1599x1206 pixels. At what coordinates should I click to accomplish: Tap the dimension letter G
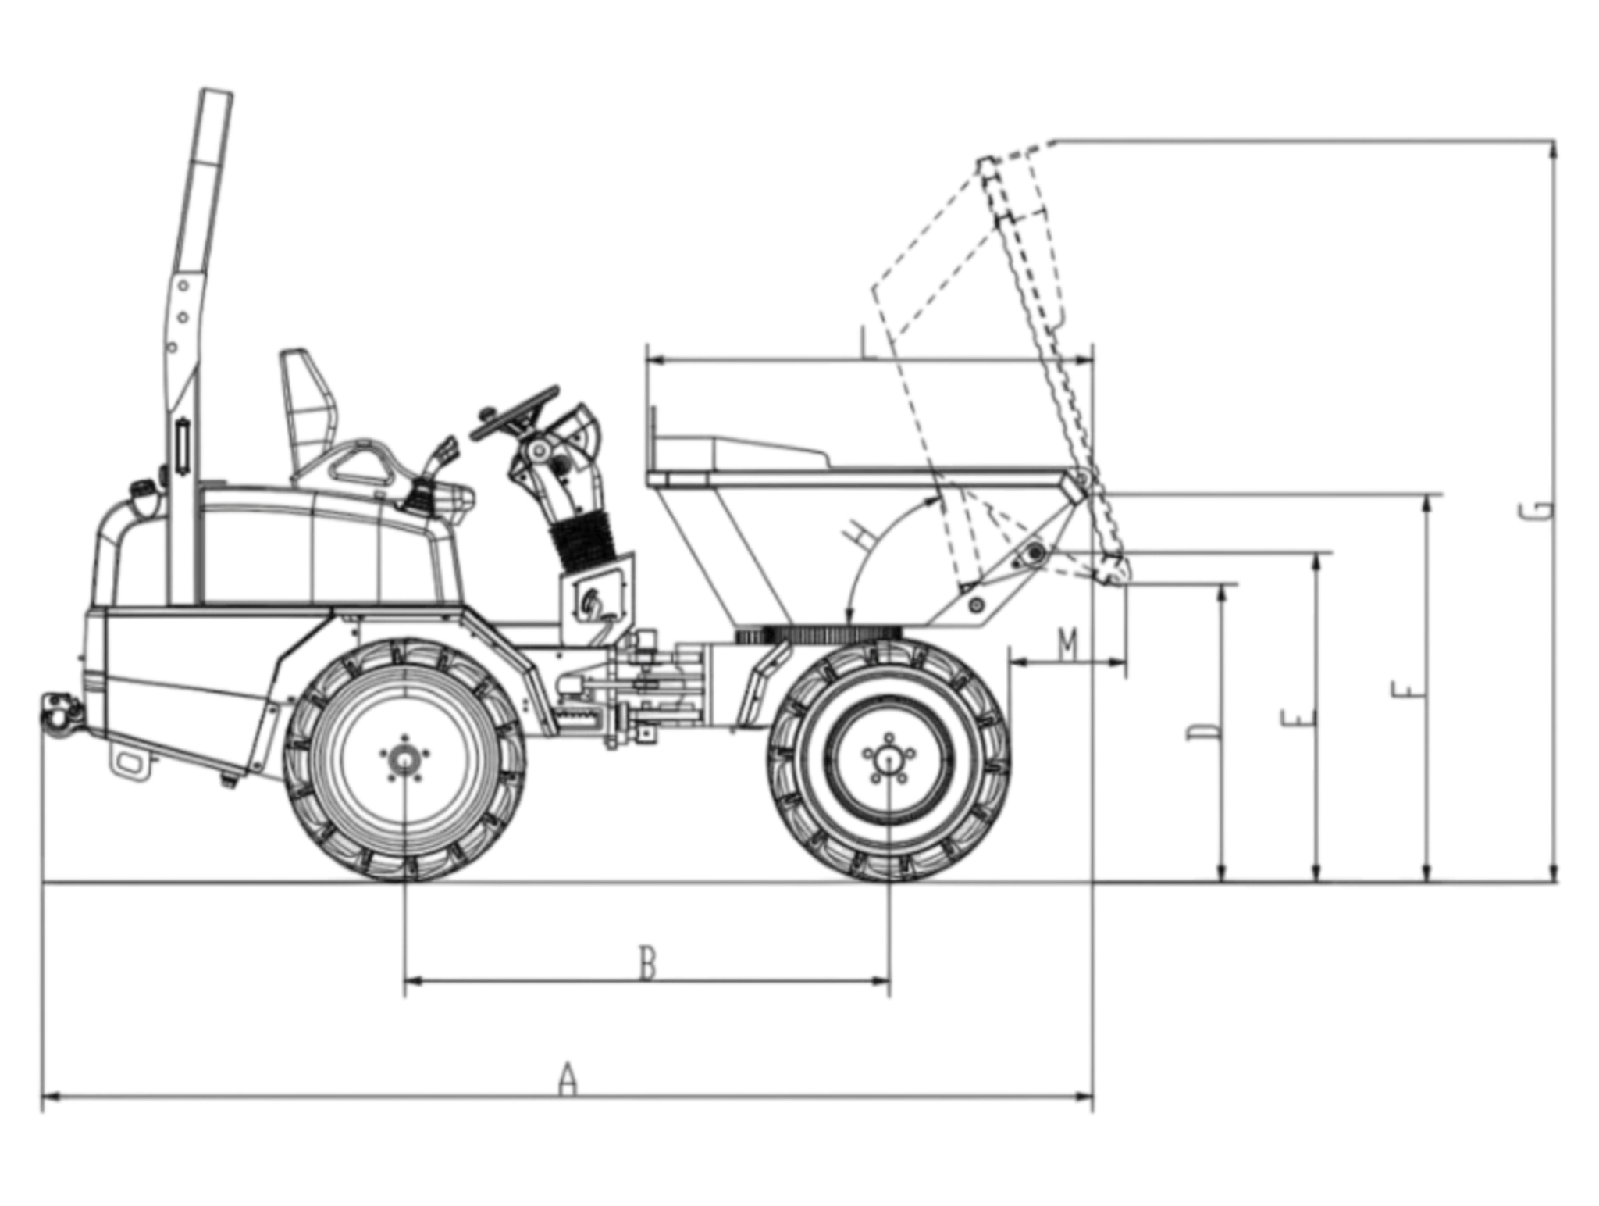(1536, 511)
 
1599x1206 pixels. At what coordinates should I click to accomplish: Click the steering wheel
(515, 412)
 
